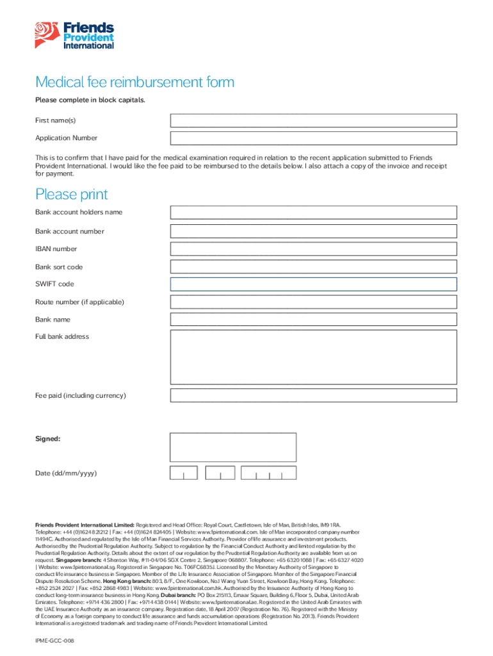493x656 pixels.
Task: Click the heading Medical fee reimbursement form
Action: pyautogui.click(x=134, y=82)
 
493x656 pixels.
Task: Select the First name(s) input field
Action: pyautogui.click(x=313, y=120)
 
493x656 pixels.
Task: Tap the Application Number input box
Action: pyautogui.click(x=313, y=138)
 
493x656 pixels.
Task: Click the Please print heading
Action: pyautogui.click(x=72, y=194)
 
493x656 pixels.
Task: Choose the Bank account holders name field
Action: pyautogui.click(x=313, y=213)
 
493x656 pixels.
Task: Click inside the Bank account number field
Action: pyautogui.click(x=313, y=231)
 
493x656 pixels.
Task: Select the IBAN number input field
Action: pyautogui.click(x=313, y=249)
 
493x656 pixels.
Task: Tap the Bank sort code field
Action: pyautogui.click(x=313, y=267)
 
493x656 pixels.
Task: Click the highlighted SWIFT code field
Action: pyautogui.click(x=313, y=284)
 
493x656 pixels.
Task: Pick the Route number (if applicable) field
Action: pyautogui.click(x=313, y=302)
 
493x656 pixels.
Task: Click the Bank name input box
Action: pyautogui.click(x=313, y=320)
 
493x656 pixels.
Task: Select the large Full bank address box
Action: pyautogui.click(x=313, y=357)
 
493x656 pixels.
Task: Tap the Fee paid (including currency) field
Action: pyautogui.click(x=313, y=395)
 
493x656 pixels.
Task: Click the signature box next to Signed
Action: pyautogui.click(x=233, y=447)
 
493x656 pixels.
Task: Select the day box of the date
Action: pyautogui.click(x=184, y=473)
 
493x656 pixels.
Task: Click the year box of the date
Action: pyautogui.click(x=269, y=473)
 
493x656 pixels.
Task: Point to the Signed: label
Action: pyautogui.click(x=48, y=439)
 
